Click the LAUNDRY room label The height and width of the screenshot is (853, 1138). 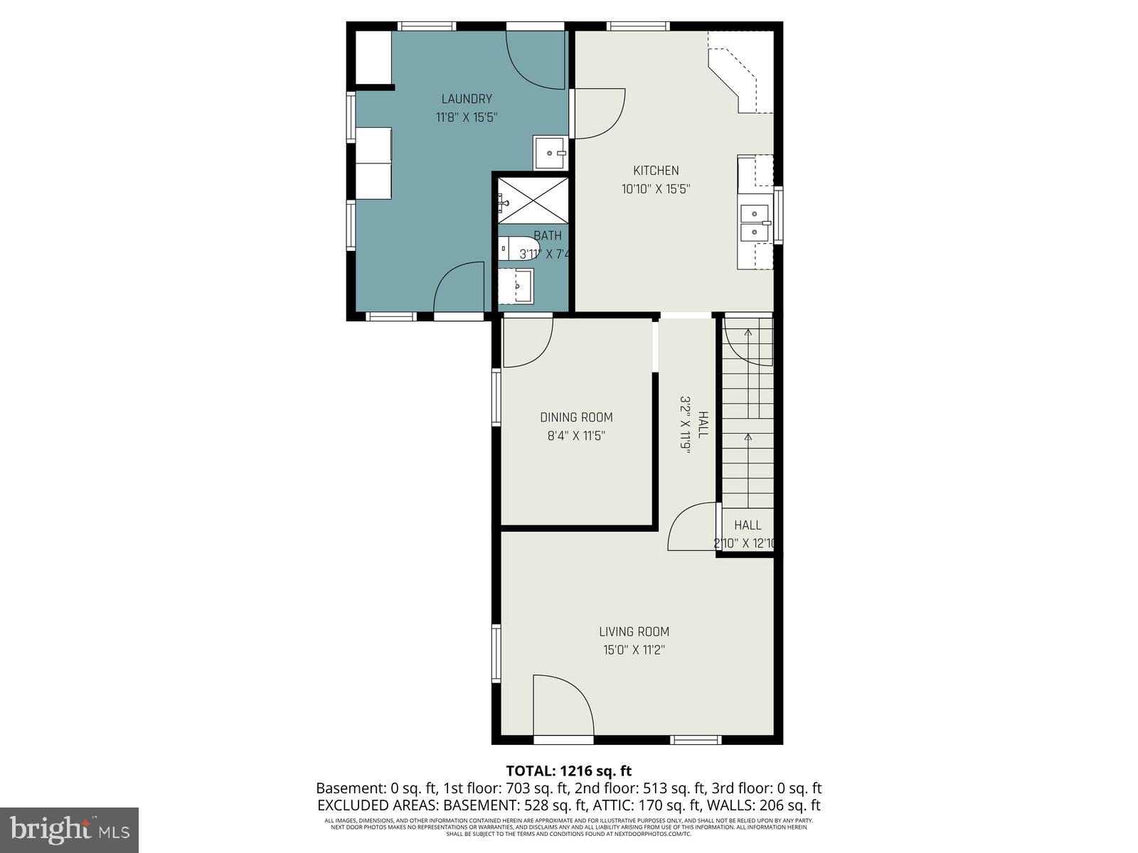tap(467, 99)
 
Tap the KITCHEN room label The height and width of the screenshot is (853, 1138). tap(656, 170)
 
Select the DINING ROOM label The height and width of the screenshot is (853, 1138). tap(576, 417)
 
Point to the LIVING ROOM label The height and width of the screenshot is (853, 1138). tap(634, 631)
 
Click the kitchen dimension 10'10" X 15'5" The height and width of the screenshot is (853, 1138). tap(656, 189)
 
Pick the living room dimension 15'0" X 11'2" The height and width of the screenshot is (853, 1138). tap(634, 650)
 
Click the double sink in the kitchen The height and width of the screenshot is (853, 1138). tap(755, 222)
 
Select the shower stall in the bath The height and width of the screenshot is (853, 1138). tap(532, 201)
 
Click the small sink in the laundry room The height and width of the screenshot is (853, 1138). tap(551, 151)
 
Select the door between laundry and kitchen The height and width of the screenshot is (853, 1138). tap(597, 114)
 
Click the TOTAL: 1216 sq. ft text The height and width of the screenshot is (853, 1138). tap(568, 771)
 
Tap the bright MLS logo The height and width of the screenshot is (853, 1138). tap(69, 830)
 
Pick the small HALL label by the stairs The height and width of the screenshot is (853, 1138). tap(748, 525)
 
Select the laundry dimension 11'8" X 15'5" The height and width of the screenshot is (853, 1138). tap(467, 117)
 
